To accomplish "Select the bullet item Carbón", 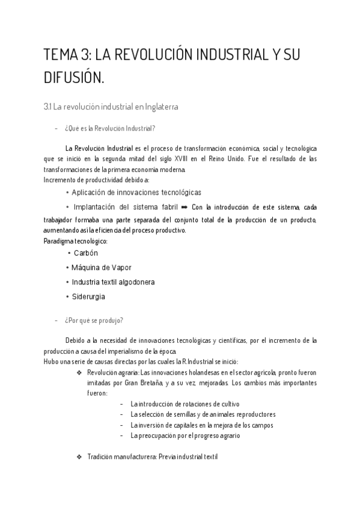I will [85, 253].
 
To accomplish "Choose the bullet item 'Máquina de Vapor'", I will [101, 268].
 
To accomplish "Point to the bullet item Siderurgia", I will [90, 296].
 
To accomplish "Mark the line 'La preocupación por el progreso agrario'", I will [185, 435].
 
